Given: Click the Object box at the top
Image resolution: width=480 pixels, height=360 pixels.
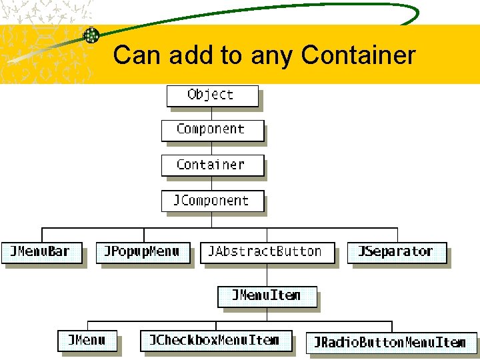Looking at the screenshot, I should [211, 95].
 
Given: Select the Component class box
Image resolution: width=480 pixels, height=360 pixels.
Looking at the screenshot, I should [212, 130].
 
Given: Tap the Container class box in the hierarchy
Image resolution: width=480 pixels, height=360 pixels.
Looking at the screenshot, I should [212, 165].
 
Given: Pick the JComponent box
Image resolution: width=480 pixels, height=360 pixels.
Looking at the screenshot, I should [212, 201].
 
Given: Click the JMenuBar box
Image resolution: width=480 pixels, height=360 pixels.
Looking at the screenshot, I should [43, 253].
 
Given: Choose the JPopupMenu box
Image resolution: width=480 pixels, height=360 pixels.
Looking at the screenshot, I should [142, 253].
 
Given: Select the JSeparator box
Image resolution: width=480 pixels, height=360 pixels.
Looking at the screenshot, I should [396, 253].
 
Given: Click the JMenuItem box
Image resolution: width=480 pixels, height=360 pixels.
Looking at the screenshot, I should [267, 296].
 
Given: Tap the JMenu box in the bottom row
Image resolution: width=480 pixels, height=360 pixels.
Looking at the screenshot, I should [87, 341].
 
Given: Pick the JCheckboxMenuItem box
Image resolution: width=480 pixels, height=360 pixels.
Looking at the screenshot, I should [216, 341].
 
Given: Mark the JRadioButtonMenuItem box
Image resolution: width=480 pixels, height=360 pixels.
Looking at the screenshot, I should [391, 343].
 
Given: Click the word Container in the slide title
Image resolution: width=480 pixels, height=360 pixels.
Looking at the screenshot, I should [359, 55].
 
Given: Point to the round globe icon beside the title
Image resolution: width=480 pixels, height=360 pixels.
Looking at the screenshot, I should [91, 36].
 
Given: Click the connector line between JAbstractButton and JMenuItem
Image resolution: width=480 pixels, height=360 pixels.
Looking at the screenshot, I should [267, 275].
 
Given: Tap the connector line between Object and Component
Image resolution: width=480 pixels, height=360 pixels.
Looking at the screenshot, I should [212, 113].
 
